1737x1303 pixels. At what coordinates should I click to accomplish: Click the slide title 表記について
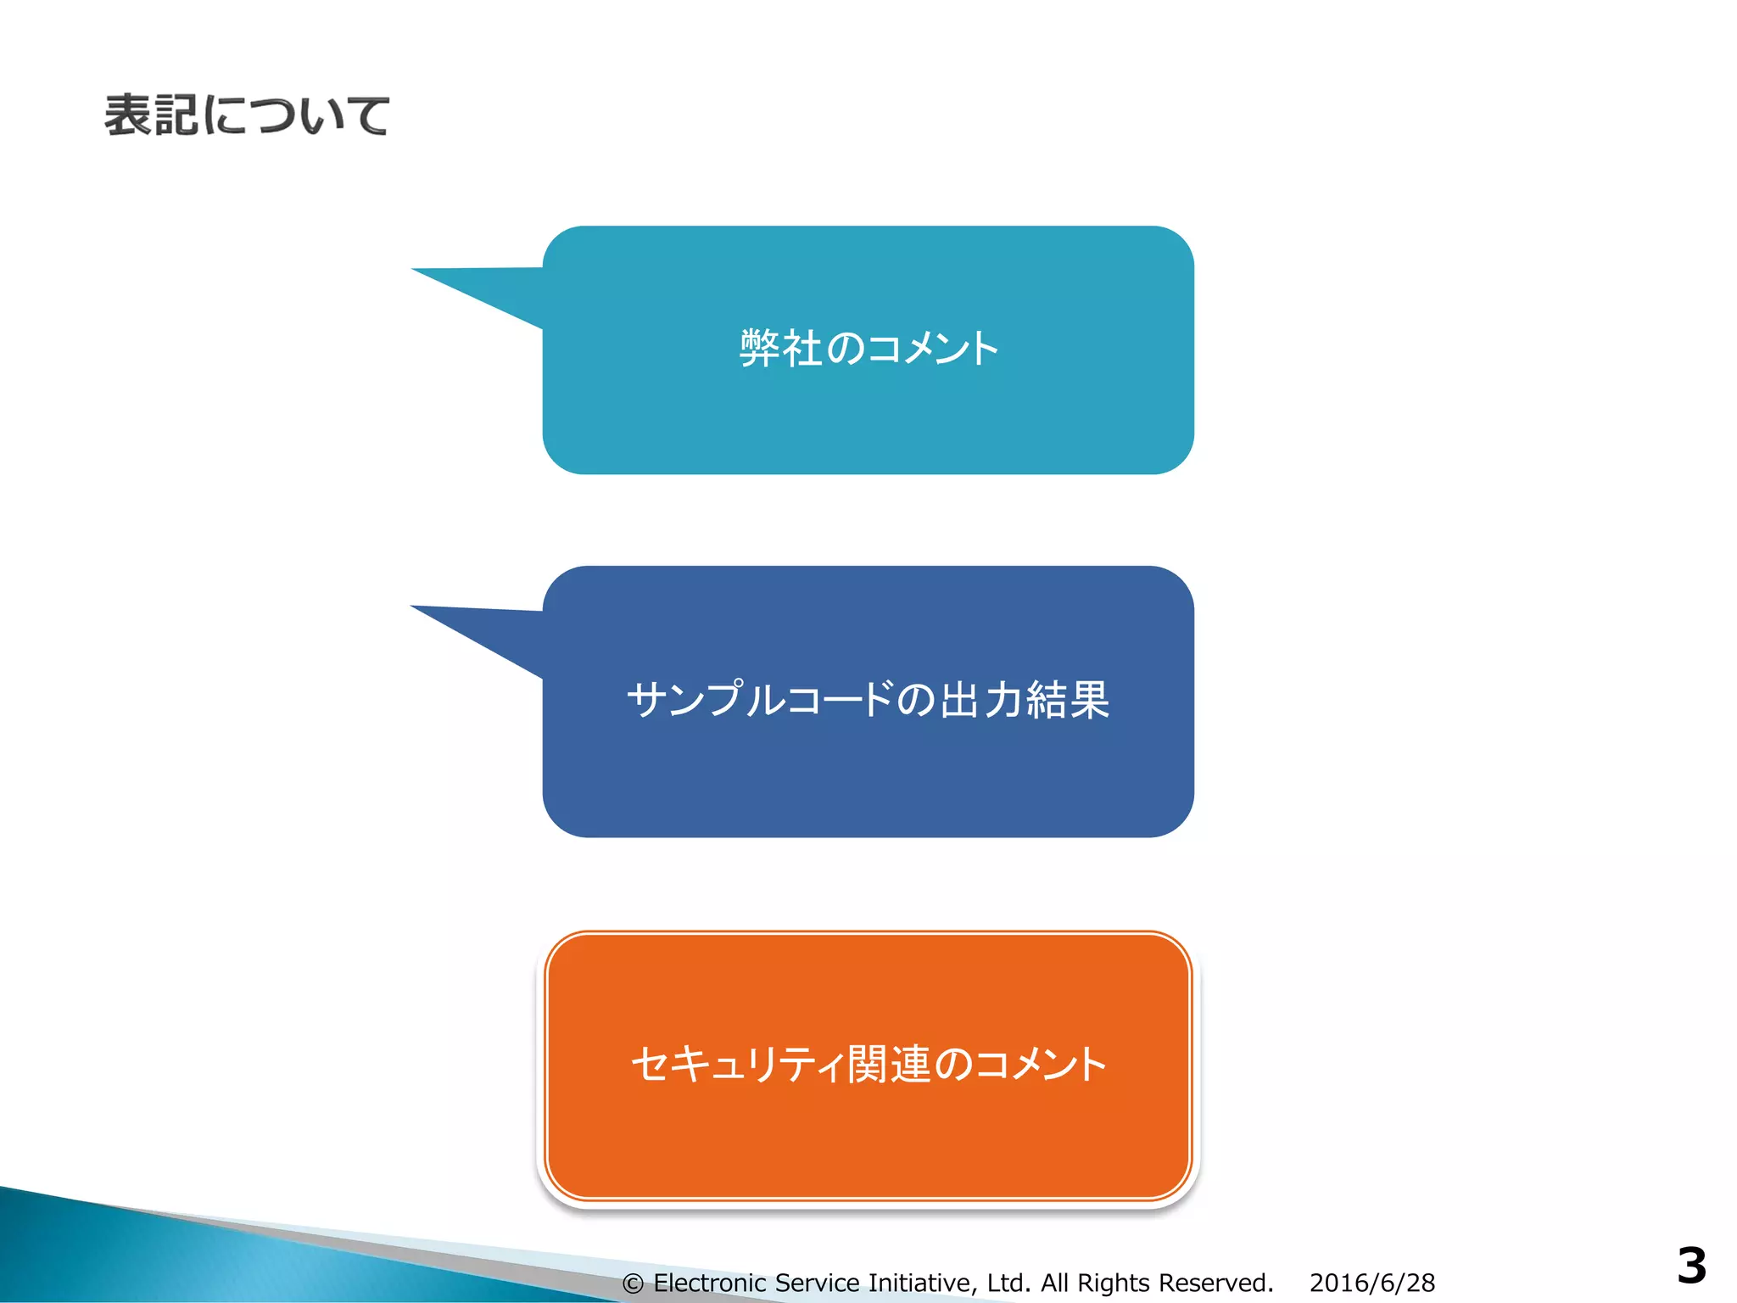click(x=247, y=115)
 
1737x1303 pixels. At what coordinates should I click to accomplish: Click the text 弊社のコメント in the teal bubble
click(x=869, y=349)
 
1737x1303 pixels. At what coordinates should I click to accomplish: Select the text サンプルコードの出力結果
click(x=868, y=700)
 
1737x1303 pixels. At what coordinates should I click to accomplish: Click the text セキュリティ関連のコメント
click(x=868, y=1064)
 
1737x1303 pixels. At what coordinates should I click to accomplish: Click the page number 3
click(x=1691, y=1266)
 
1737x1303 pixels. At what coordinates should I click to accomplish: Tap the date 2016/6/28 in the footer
click(x=1371, y=1283)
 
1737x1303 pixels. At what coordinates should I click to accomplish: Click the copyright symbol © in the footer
click(x=633, y=1283)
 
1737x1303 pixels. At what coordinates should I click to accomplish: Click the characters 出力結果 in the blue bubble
click(x=1025, y=700)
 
